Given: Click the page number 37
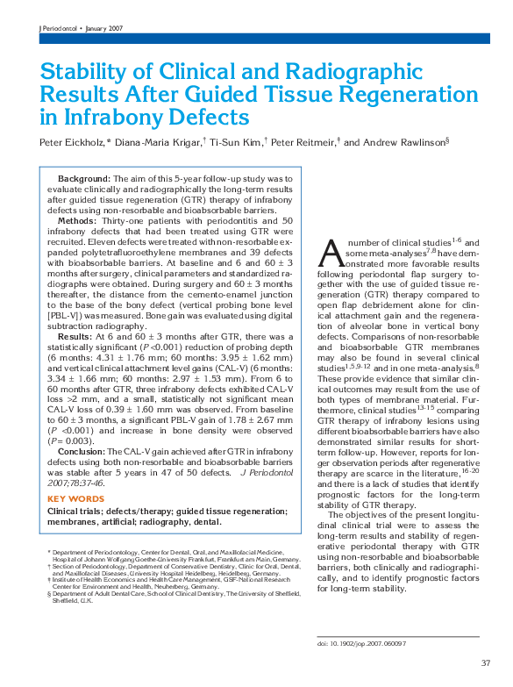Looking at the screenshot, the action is [x=485, y=662].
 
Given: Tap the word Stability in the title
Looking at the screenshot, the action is [x=84, y=72].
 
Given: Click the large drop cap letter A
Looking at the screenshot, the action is [x=331, y=254].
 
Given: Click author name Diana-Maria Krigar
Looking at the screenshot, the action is [x=145, y=141].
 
